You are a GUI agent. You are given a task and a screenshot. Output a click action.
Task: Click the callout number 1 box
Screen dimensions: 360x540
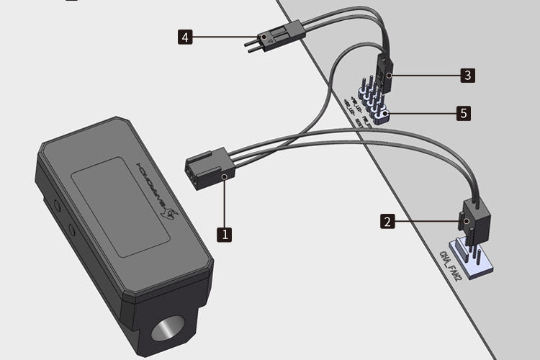225,235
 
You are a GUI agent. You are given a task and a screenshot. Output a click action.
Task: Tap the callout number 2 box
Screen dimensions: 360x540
388,222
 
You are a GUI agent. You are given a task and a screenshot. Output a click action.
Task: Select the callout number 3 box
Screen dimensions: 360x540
468,74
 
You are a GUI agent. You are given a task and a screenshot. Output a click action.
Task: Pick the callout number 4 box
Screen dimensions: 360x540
186,36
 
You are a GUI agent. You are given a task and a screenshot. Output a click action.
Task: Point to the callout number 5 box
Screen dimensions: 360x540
464,113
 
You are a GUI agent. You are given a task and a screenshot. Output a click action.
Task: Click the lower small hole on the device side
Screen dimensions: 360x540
71,230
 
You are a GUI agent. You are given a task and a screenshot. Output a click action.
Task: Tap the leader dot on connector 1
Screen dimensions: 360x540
225,176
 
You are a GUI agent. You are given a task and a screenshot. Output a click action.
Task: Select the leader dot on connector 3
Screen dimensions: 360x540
389,74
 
